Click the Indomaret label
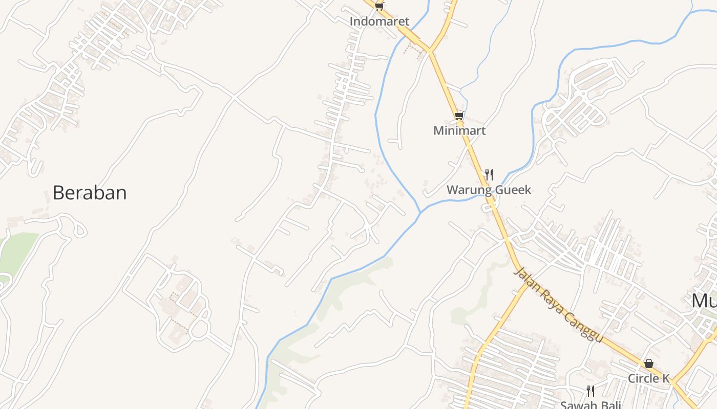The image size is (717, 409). [379, 21]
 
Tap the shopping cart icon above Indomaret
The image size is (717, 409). [379, 6]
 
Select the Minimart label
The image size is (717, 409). [459, 130]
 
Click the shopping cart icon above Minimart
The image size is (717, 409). [459, 116]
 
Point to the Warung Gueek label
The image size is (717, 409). [489, 190]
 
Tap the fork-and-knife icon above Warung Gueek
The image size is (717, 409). [489, 175]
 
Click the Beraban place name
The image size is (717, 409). [90, 193]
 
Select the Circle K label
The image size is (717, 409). [649, 378]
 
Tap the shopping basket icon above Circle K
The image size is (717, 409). [649, 363]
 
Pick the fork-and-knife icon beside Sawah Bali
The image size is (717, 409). [591, 391]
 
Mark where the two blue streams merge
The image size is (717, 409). [420, 212]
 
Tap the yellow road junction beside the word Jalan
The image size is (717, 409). [525, 284]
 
